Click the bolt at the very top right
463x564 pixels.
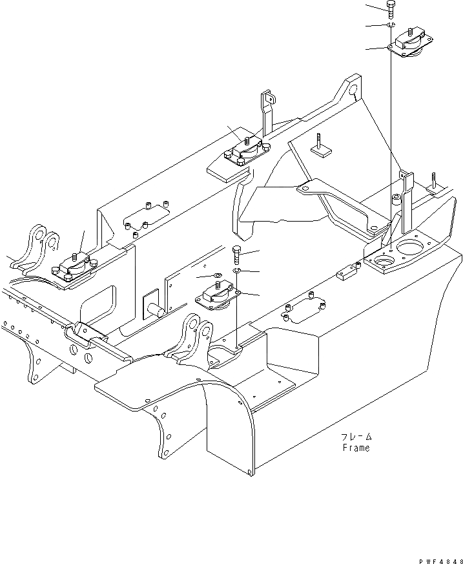(x=391, y=8)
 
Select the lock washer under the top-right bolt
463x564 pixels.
(x=391, y=25)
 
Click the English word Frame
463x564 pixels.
(x=355, y=448)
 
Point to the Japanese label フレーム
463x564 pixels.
(x=356, y=437)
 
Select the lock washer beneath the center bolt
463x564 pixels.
(x=237, y=269)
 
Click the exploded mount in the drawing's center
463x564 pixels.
(x=217, y=299)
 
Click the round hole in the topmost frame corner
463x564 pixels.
(x=355, y=92)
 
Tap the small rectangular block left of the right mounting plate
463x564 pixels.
(x=347, y=272)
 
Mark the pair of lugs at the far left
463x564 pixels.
(x=40, y=247)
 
